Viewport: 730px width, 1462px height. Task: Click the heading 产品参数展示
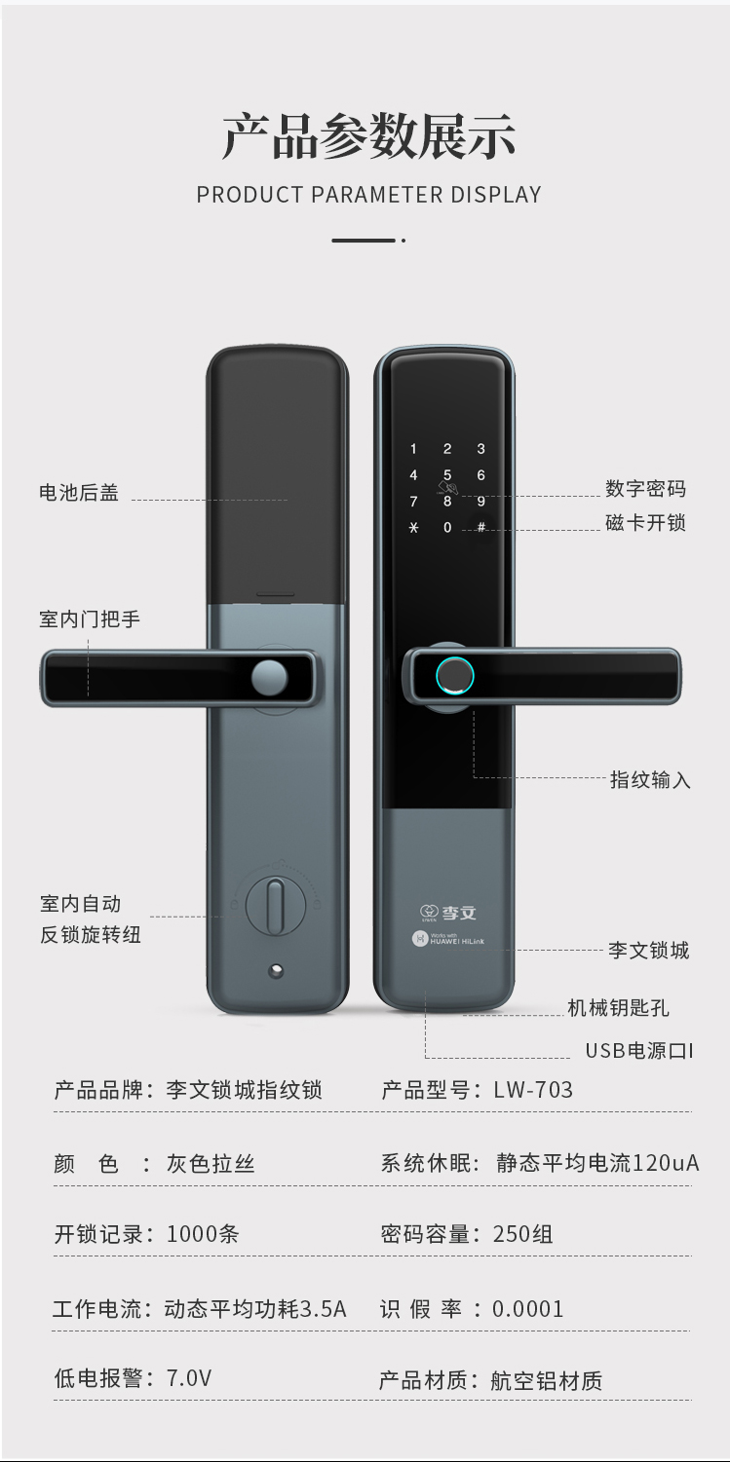[x=368, y=136]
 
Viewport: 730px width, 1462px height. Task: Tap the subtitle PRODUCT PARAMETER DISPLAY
[x=368, y=194]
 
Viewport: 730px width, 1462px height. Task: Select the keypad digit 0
[x=447, y=528]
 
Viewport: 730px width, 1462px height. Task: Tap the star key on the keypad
[x=413, y=528]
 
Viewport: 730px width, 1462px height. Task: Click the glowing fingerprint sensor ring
[x=453, y=674]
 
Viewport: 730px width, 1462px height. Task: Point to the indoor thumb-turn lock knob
[x=276, y=904]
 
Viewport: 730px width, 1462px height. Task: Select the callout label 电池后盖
[x=79, y=493]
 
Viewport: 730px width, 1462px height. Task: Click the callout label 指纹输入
[x=650, y=779]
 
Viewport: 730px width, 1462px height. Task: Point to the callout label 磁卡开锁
[x=645, y=523]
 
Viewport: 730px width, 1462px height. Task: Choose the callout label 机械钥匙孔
[x=618, y=1008]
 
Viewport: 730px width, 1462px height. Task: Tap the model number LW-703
[x=533, y=1090]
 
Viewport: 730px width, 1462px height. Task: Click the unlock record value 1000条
[x=203, y=1234]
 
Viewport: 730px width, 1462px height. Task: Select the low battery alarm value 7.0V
[x=189, y=1378]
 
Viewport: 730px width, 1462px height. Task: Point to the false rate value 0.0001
[x=527, y=1309]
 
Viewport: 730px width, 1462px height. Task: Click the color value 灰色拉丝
[x=211, y=1164]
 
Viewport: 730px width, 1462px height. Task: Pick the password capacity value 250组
[x=523, y=1234]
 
